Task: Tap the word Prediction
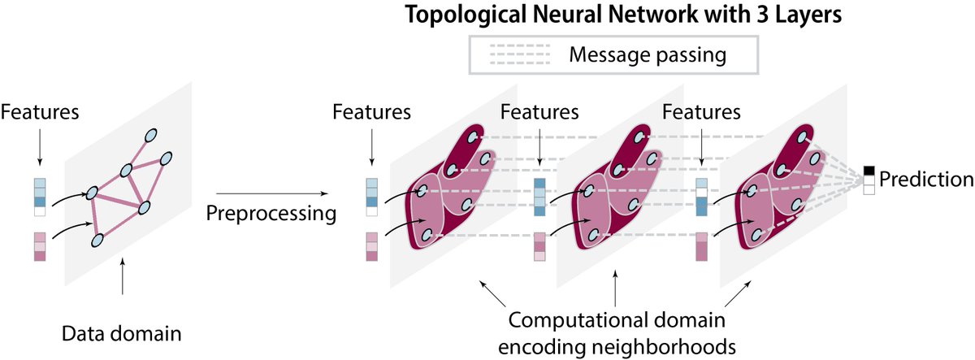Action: point(925,180)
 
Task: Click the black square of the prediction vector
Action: point(869,170)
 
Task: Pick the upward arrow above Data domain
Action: point(122,280)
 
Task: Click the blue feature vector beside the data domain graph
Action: point(40,197)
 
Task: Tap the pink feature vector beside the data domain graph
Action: point(40,246)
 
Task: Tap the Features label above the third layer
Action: point(702,112)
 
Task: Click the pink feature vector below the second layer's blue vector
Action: point(539,246)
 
